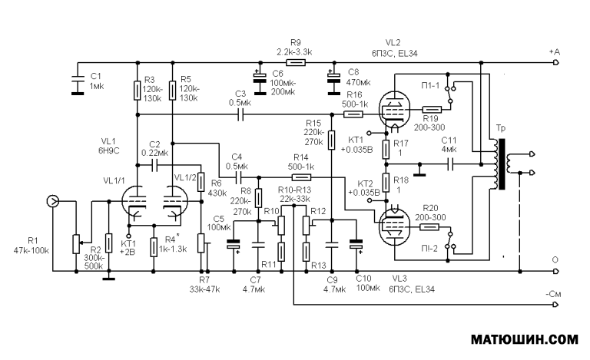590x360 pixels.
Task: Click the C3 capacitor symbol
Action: (x=241, y=114)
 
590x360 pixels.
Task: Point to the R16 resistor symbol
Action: (x=353, y=114)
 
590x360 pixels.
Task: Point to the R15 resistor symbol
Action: (x=331, y=140)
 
